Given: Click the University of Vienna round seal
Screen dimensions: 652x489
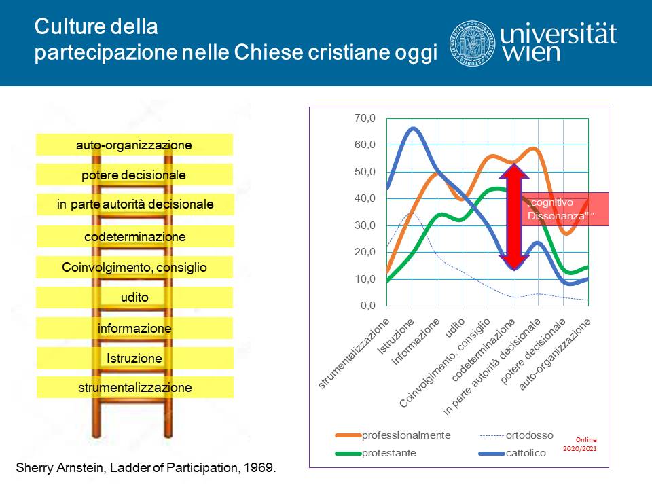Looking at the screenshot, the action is tap(472, 43).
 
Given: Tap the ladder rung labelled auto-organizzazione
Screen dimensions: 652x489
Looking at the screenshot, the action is tap(134, 145).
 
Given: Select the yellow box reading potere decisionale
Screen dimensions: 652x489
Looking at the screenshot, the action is tap(134, 175).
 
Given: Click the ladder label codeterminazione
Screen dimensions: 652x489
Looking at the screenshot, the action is tap(135, 236).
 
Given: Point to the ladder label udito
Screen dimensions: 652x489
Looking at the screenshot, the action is tap(134, 297).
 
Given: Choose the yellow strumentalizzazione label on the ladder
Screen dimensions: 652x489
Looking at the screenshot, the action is tap(135, 388).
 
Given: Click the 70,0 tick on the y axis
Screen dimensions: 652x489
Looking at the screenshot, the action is tap(365, 118).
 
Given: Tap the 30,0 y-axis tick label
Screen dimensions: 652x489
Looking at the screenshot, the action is tap(365, 225).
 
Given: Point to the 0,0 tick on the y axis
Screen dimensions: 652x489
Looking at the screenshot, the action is tap(368, 306).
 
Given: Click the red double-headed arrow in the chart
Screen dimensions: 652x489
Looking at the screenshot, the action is tap(514, 217).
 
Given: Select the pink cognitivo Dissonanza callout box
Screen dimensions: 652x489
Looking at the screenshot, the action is tap(564, 209).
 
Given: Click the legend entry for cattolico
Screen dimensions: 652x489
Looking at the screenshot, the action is tap(512, 453).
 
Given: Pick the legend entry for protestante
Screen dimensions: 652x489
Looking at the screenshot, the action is tap(376, 453).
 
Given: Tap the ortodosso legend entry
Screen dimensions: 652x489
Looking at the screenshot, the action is tap(516, 435).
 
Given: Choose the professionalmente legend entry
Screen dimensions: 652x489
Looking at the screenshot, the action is tap(393, 435).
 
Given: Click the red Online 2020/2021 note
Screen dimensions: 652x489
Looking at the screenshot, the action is tap(580, 444).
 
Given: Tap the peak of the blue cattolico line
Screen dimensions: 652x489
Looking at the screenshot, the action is tap(413, 128).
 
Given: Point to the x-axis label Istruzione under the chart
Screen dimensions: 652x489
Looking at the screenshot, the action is tap(395, 336).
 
